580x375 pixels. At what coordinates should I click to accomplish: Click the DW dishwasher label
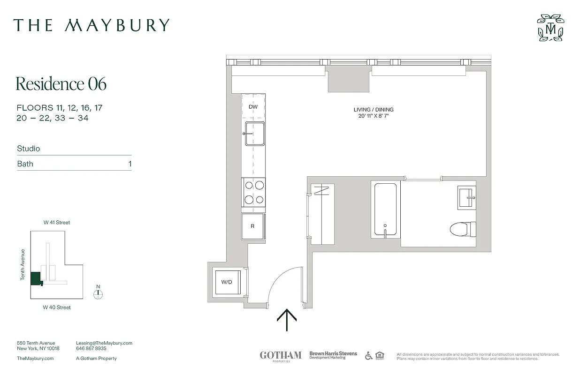point(253,107)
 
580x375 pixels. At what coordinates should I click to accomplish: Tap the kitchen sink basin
point(254,134)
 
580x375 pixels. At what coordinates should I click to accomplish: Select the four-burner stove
point(253,192)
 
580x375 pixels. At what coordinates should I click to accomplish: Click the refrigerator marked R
point(253,226)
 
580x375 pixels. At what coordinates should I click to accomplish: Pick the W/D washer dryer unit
point(227,282)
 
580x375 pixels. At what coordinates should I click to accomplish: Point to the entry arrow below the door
point(287,320)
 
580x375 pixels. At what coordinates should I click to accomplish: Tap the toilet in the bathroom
point(462,229)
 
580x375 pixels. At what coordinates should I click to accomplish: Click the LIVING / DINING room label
point(374,110)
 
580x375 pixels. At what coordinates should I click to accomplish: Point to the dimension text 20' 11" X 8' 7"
point(374,116)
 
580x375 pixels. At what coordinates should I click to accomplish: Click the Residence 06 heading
point(61,84)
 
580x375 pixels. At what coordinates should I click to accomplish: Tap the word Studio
point(29,149)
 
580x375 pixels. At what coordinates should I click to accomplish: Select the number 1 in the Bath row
point(130,164)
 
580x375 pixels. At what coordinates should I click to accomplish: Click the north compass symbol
point(98,294)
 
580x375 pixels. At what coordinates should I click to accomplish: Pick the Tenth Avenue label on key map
point(23,265)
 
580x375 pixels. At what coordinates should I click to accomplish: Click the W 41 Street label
point(57,223)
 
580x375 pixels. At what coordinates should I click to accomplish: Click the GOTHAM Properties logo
point(281,356)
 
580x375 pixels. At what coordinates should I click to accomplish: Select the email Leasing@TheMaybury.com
point(104,343)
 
